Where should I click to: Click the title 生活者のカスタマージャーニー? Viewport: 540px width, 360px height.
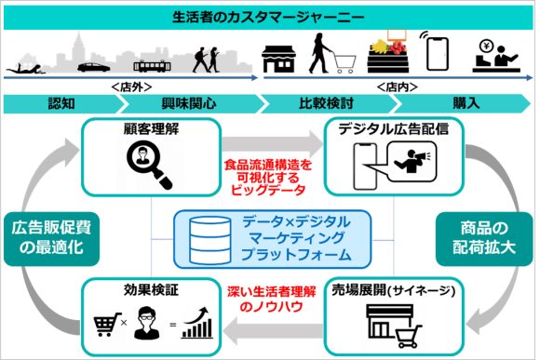coord(269,17)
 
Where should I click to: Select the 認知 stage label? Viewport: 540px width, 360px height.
coord(62,102)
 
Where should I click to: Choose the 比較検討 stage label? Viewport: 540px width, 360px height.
coord(326,102)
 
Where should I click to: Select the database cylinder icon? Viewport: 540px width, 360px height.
coord(208,239)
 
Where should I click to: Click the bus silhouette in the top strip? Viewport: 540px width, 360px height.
coord(153,66)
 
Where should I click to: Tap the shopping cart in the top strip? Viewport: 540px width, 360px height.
coord(343,62)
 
